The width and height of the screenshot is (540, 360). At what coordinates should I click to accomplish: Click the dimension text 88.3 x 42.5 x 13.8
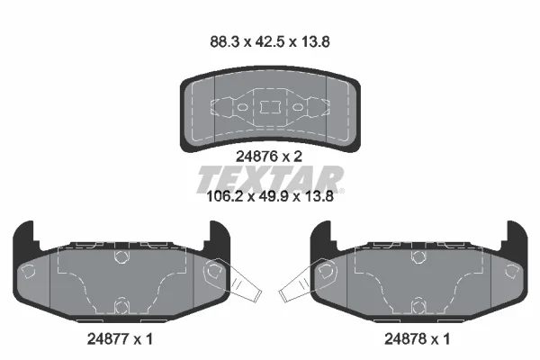[270, 41]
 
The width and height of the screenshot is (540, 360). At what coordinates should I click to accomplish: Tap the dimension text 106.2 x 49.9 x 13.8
[270, 196]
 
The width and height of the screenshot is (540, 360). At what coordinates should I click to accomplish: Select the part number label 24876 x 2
[268, 157]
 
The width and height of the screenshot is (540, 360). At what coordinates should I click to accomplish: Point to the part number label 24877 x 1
[120, 339]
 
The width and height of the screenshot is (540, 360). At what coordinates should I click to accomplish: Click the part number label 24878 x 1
[417, 339]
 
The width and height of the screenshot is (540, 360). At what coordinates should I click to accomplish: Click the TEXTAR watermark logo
[270, 179]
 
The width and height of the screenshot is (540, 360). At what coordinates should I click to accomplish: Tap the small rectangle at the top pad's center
[270, 107]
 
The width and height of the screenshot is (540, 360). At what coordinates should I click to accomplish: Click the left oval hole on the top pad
[242, 107]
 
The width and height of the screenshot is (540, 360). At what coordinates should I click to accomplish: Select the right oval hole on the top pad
[298, 107]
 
